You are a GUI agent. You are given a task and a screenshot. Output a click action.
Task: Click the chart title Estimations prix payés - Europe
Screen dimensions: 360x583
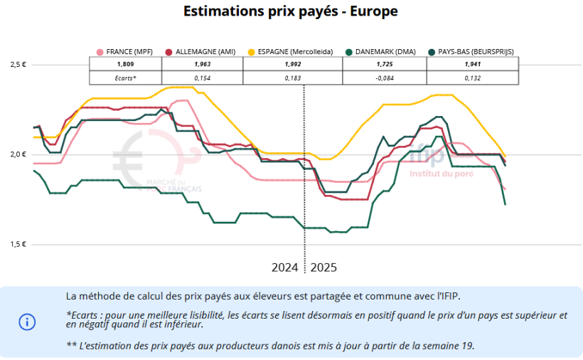point(290,11)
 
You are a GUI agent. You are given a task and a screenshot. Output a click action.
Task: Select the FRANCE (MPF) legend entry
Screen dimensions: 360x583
point(124,52)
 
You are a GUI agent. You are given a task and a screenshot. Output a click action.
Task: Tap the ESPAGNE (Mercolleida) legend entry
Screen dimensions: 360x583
point(291,52)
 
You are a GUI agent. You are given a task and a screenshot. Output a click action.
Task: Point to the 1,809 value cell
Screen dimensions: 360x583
point(125,64)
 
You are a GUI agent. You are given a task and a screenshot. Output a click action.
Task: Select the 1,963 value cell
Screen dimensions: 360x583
point(203,64)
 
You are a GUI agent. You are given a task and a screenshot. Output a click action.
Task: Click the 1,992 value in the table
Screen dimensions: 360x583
point(292,64)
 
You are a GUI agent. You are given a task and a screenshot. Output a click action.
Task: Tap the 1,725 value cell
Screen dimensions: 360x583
point(385,64)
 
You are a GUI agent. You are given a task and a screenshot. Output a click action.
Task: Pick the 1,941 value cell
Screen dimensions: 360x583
point(473,64)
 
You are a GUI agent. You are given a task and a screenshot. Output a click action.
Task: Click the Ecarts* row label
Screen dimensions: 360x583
point(125,77)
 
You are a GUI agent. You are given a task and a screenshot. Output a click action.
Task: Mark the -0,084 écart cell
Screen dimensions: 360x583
point(385,77)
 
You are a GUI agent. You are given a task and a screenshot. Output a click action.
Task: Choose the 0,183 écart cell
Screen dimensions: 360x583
point(292,77)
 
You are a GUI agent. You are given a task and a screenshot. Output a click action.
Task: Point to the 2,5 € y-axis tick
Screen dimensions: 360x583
point(17,65)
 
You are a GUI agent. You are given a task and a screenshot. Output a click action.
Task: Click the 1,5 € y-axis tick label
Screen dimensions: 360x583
point(17,244)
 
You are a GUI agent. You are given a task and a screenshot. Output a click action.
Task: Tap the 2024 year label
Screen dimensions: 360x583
point(285,268)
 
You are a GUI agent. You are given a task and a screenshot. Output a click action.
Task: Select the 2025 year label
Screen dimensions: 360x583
point(323,268)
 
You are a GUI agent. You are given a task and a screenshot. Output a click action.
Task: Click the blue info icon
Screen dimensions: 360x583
point(27,322)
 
